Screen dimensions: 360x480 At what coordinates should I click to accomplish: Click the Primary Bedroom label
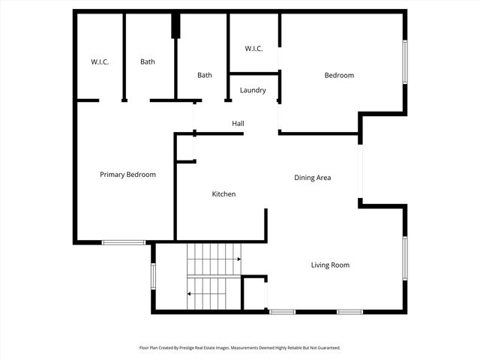(x=127, y=175)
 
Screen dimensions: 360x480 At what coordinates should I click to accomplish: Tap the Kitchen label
(x=223, y=194)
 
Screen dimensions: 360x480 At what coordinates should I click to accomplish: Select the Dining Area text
(x=312, y=178)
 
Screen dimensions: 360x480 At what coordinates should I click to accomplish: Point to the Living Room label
(x=330, y=265)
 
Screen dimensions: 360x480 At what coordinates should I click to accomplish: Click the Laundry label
(x=253, y=91)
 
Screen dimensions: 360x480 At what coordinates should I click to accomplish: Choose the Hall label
(x=238, y=124)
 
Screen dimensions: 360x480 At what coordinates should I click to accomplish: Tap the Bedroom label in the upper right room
(x=339, y=75)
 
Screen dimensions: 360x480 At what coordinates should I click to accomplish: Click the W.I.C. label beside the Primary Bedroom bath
(x=100, y=61)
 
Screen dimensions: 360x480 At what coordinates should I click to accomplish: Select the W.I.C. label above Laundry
(x=253, y=49)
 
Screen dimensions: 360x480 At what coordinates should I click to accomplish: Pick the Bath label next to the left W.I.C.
(x=148, y=61)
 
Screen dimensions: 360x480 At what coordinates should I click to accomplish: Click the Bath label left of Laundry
(x=205, y=75)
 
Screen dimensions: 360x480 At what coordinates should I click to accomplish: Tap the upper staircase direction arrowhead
(x=238, y=259)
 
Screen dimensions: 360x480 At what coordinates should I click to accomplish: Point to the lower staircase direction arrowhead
(x=189, y=294)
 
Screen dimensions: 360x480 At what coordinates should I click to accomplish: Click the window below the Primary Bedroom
(x=124, y=242)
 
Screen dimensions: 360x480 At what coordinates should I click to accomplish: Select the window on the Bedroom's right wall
(x=404, y=61)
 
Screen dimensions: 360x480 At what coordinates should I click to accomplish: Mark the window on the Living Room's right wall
(x=404, y=259)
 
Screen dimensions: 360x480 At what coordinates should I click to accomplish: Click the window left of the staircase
(x=153, y=275)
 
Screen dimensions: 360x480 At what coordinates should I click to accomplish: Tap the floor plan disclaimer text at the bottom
(x=240, y=348)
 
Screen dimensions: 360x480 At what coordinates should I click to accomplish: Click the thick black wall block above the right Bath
(x=176, y=26)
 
